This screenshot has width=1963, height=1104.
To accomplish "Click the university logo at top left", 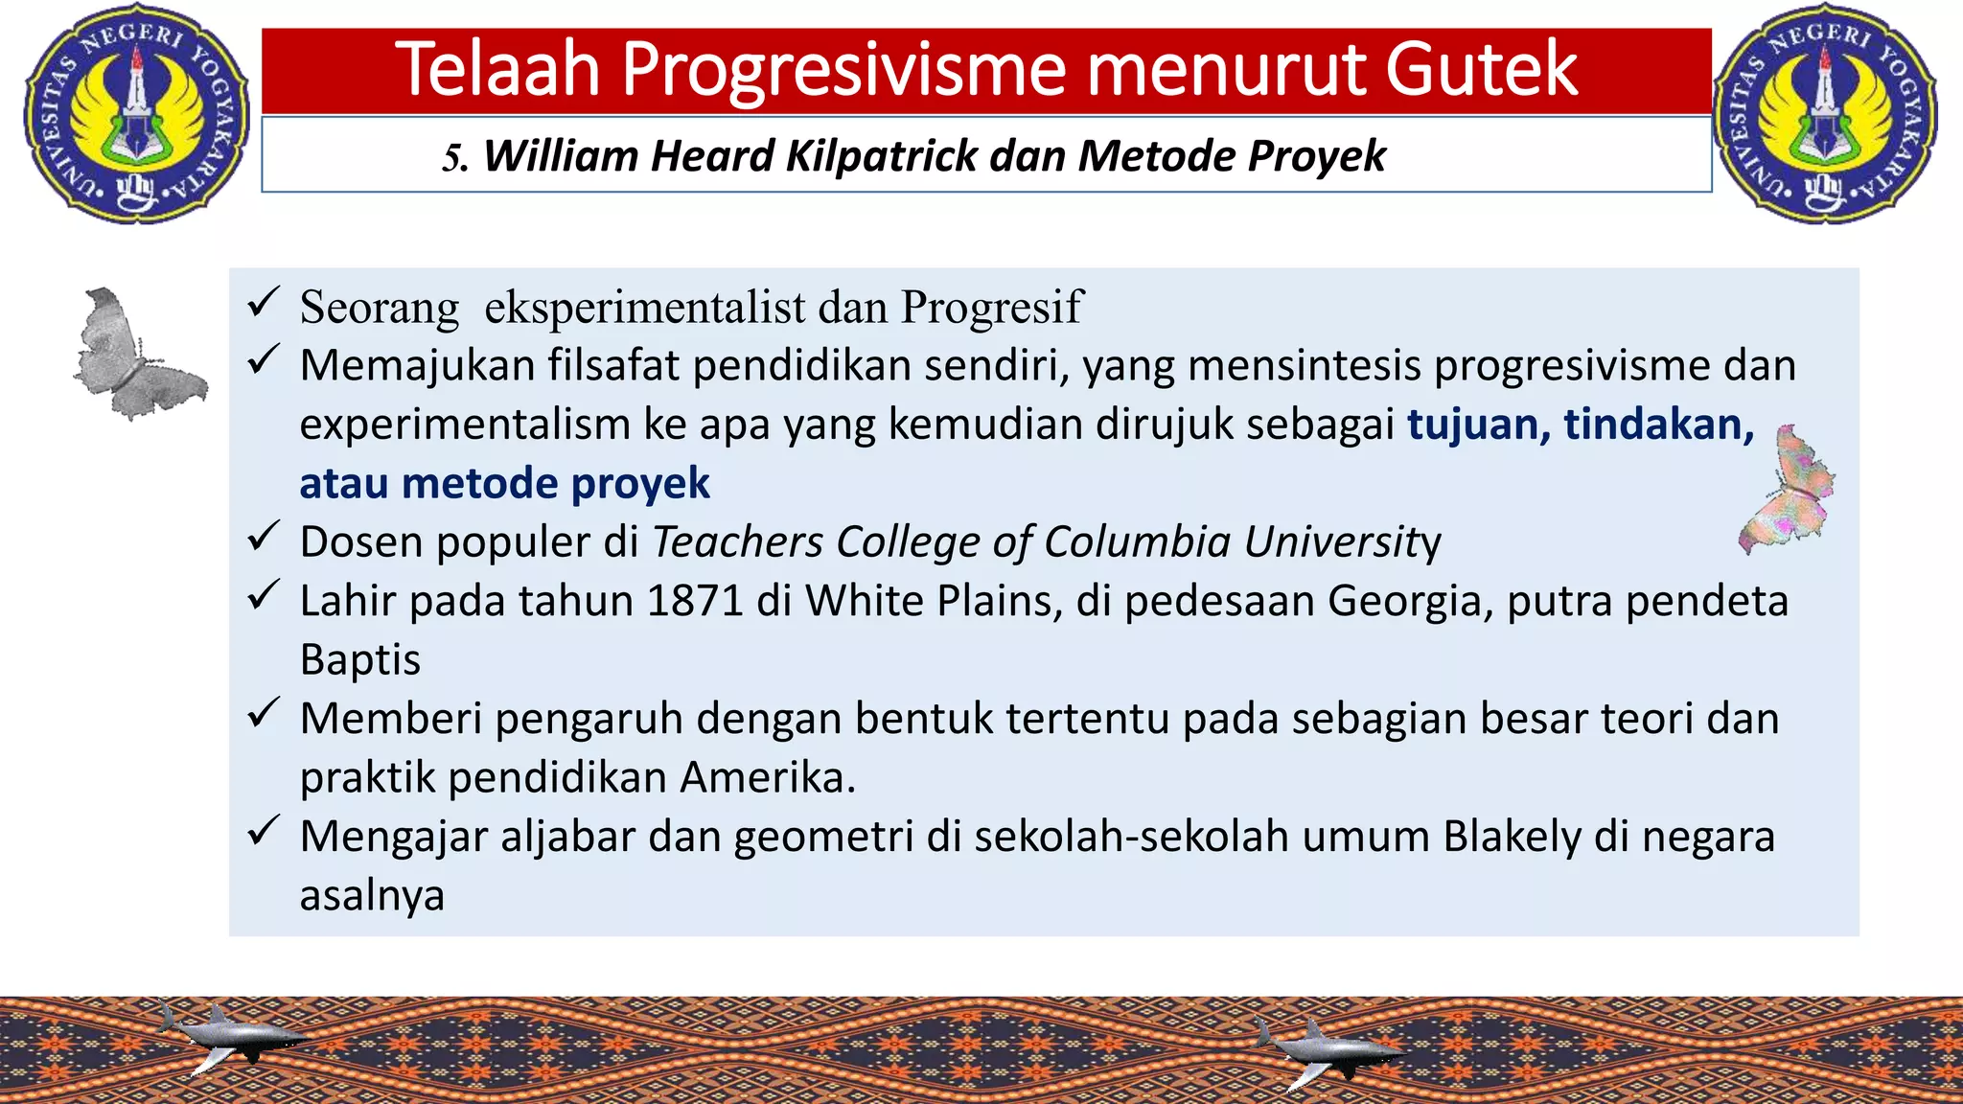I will [136, 113].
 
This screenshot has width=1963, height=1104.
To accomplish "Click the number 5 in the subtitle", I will [452, 157].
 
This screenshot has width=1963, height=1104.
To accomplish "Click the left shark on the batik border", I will [235, 1037].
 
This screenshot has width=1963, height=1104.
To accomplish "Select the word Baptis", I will [359, 660].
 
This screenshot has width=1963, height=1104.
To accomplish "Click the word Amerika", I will [767, 777].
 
